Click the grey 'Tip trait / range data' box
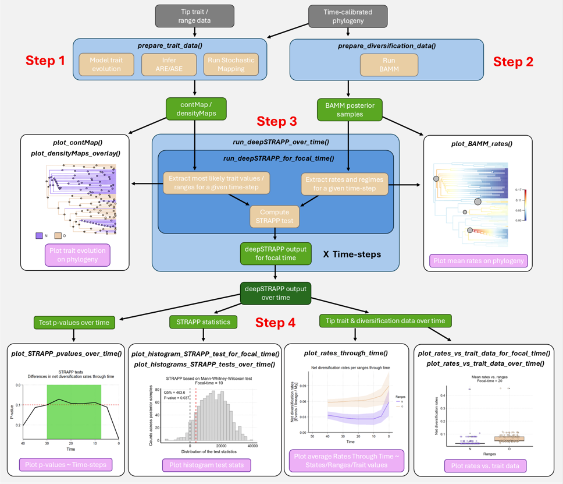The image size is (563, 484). (195, 16)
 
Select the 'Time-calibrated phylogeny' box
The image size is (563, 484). (348, 16)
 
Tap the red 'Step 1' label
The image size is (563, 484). (45, 61)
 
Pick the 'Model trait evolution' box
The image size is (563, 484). (106, 64)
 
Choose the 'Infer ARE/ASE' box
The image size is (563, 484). (169, 64)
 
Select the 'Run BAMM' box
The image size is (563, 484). (389, 64)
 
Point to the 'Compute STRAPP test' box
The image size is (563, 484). (275, 217)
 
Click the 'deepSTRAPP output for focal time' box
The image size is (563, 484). (275, 254)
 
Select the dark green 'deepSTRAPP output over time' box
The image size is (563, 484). (275, 294)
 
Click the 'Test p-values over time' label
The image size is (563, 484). (74, 322)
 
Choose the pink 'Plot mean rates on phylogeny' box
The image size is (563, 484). (479, 260)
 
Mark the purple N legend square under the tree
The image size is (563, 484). (39, 236)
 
